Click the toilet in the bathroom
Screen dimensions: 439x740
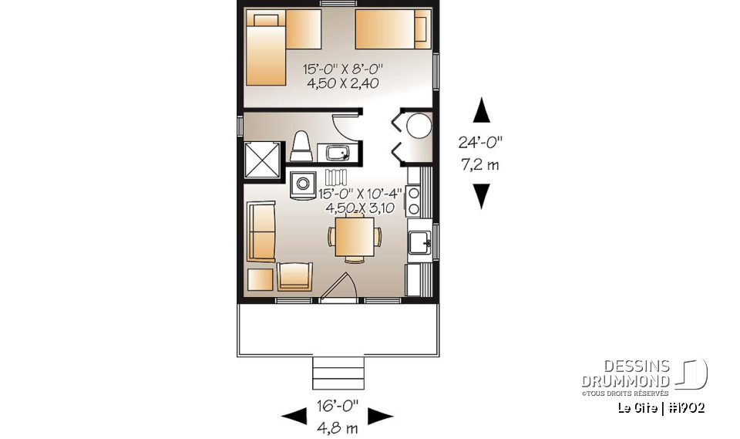coord(301,147)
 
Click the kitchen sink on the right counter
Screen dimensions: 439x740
coord(421,243)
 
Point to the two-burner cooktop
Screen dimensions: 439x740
coord(414,201)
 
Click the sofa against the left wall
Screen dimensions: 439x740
coord(261,231)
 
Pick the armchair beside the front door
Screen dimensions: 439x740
coord(295,275)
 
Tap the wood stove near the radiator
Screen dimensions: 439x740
coord(301,185)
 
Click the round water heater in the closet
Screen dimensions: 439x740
coord(419,126)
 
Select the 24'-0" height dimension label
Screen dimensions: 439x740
coord(480,142)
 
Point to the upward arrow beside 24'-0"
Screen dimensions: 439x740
coord(481,110)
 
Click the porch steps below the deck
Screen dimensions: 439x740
coord(336,373)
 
